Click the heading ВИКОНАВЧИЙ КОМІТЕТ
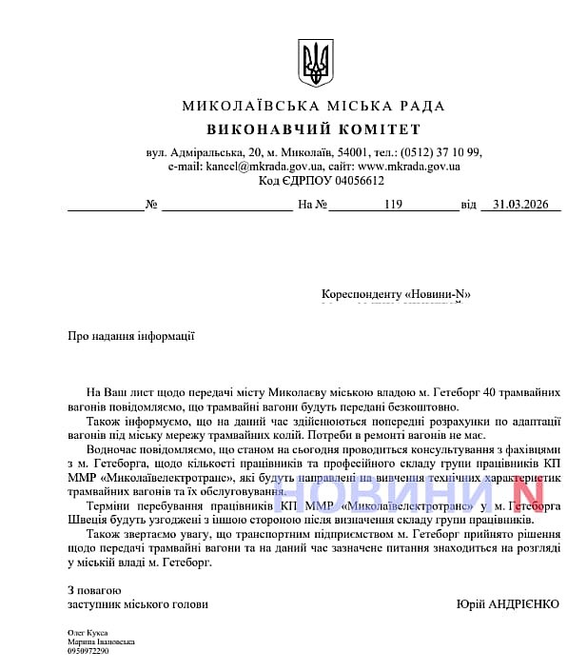point(313,129)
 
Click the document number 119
point(394,204)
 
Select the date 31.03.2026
point(521,204)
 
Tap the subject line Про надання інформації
point(131,335)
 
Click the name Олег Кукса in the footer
point(88,632)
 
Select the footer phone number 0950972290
point(88,651)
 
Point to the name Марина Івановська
point(100,641)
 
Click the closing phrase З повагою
point(94,590)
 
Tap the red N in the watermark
point(526,493)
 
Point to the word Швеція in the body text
point(89,520)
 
